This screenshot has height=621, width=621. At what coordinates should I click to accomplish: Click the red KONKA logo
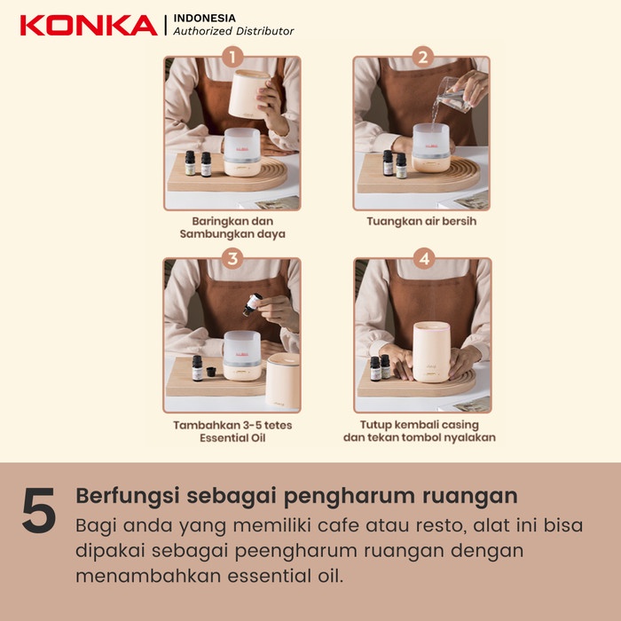click(x=88, y=24)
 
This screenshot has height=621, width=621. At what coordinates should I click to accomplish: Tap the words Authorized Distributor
click(x=233, y=31)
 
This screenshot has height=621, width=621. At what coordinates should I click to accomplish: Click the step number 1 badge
click(x=232, y=59)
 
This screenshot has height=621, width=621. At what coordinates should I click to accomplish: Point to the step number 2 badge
click(x=422, y=59)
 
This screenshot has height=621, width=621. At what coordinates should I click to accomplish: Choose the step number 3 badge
click(x=232, y=259)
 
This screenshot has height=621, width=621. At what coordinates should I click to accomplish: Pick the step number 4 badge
click(x=422, y=259)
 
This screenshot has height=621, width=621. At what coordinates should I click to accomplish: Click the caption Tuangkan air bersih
click(x=421, y=221)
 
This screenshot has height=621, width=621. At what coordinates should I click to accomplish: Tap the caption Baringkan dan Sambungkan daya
click(x=232, y=228)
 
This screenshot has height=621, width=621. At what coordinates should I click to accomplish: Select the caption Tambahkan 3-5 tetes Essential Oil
click(x=232, y=430)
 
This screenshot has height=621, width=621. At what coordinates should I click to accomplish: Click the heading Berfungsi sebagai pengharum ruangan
click(x=296, y=495)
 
